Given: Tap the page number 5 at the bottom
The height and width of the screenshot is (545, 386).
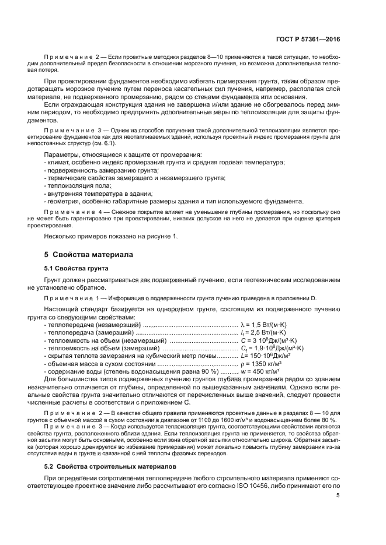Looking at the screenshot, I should [x=338, y=495].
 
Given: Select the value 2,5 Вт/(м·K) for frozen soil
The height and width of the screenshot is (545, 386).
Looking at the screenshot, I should [x=268, y=332].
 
